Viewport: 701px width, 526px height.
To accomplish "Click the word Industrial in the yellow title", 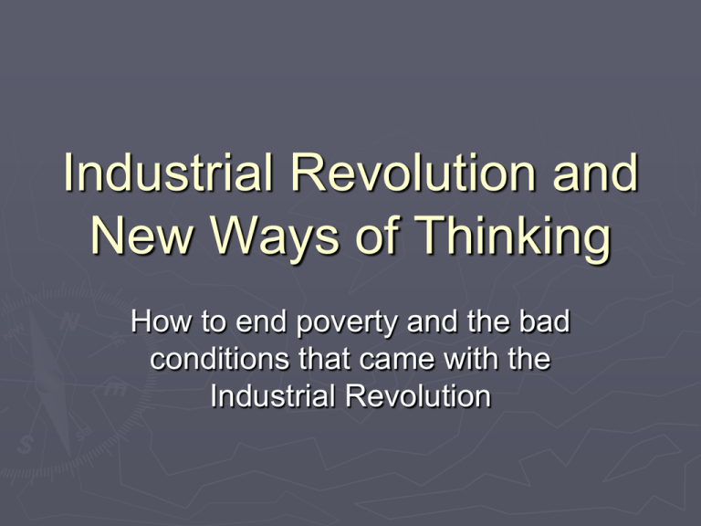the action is point(168,173).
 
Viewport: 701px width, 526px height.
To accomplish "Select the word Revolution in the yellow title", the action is point(413,173).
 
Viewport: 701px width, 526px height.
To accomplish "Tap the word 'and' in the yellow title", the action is point(595,173).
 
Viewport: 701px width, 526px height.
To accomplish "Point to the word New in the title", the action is point(141,236).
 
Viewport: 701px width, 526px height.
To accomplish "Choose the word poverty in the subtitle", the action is point(347,324).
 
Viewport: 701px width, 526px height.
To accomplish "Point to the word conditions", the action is point(219,358).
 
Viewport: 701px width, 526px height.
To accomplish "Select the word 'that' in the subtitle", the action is point(325,358).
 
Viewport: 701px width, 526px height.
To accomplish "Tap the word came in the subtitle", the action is point(396,360).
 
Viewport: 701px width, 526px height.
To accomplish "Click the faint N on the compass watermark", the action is point(69,321).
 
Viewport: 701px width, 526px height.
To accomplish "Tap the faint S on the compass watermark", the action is point(26,445).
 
